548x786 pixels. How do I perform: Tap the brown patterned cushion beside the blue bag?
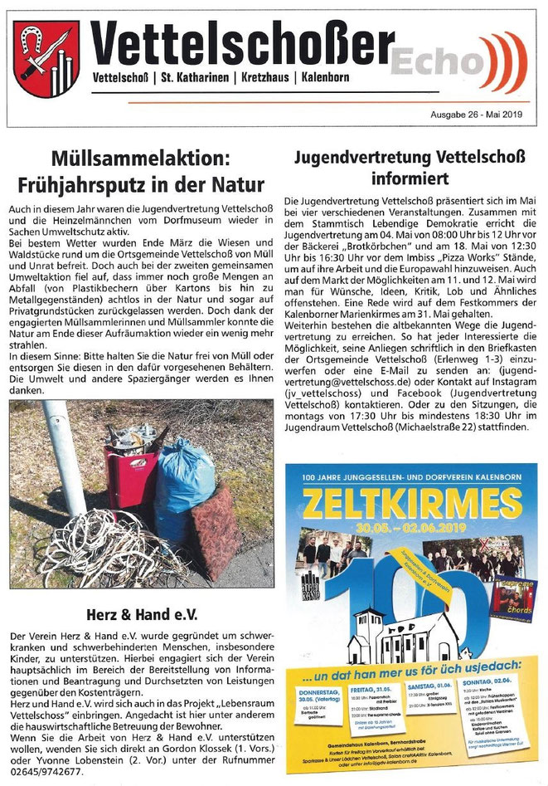[213, 531]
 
